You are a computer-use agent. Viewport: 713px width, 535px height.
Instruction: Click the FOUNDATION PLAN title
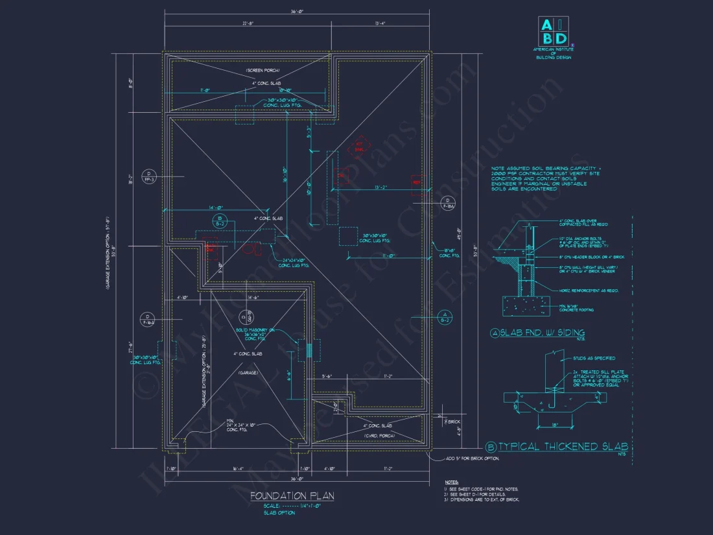[x=292, y=496]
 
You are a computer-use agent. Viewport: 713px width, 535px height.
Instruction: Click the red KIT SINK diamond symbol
[x=360, y=147]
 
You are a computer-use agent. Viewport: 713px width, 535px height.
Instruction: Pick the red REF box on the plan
[x=417, y=183]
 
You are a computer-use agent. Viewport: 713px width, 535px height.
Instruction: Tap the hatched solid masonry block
[x=308, y=350]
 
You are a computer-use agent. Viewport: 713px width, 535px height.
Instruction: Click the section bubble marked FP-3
[x=149, y=176]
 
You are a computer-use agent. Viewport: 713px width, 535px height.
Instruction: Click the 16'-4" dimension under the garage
[x=237, y=468]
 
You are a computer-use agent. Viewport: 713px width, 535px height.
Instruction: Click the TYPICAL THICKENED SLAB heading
[x=562, y=446]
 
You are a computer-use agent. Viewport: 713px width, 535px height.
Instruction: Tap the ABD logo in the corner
[x=554, y=31]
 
